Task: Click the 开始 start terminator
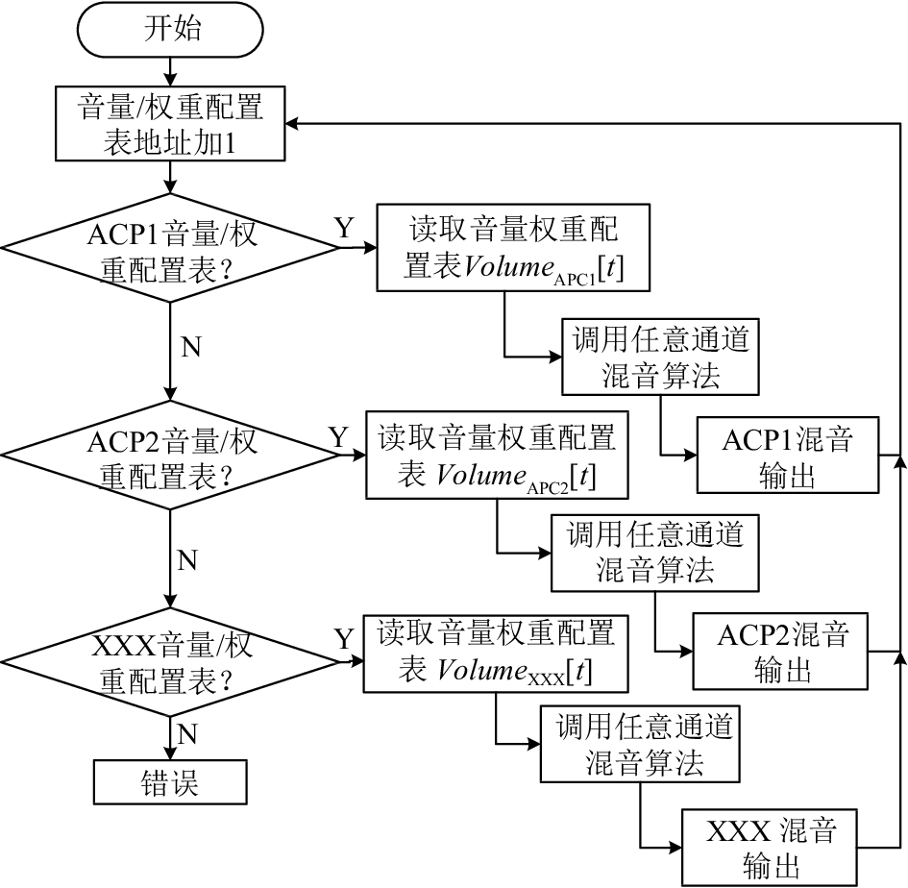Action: tap(170, 30)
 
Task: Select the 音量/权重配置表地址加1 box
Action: tap(170, 123)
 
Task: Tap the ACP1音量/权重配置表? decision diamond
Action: tap(170, 248)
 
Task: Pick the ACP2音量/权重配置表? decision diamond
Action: tap(170, 456)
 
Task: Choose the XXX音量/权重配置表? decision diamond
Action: tap(170, 661)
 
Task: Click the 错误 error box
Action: tap(170, 782)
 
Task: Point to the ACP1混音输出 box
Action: tap(788, 456)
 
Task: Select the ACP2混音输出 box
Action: tap(780, 651)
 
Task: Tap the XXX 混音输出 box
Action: tap(769, 848)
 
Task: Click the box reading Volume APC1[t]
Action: tap(513, 247)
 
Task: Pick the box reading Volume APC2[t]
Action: tap(497, 456)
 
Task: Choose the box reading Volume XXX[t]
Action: tap(496, 654)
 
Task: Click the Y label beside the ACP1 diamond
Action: tap(344, 228)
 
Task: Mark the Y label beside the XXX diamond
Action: tap(344, 639)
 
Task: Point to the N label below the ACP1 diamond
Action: tap(191, 347)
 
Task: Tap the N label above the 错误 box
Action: tap(187, 734)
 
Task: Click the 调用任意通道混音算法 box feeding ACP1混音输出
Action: tap(660, 357)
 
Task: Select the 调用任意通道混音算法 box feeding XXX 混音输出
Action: tap(640, 744)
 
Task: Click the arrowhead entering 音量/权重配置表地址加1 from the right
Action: tap(292, 123)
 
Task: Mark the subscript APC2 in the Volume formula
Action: tap(548, 488)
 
